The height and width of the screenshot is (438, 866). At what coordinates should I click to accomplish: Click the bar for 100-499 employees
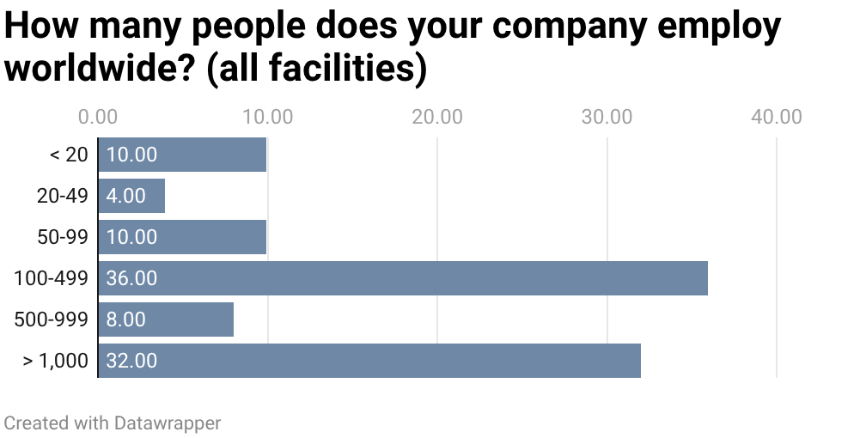402,278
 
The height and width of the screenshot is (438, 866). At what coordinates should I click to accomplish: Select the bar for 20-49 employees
131,196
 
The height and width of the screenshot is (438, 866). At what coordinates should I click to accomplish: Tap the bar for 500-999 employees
166,319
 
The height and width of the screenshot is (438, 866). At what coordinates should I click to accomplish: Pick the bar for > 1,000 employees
369,361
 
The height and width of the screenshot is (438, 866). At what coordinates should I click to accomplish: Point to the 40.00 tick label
776,116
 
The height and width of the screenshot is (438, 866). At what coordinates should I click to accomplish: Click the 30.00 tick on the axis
607,116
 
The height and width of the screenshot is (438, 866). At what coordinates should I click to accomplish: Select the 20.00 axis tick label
437,116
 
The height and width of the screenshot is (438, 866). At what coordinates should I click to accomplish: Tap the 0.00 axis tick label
98,116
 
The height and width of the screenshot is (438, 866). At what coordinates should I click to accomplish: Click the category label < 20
69,155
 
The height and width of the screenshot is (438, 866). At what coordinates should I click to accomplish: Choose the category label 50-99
62,237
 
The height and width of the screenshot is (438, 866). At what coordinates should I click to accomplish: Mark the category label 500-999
52,319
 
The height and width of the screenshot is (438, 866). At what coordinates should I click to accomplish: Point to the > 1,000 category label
55,361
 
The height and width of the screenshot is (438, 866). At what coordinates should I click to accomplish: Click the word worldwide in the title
100,69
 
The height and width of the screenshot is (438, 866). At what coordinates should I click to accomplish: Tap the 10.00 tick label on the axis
267,116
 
